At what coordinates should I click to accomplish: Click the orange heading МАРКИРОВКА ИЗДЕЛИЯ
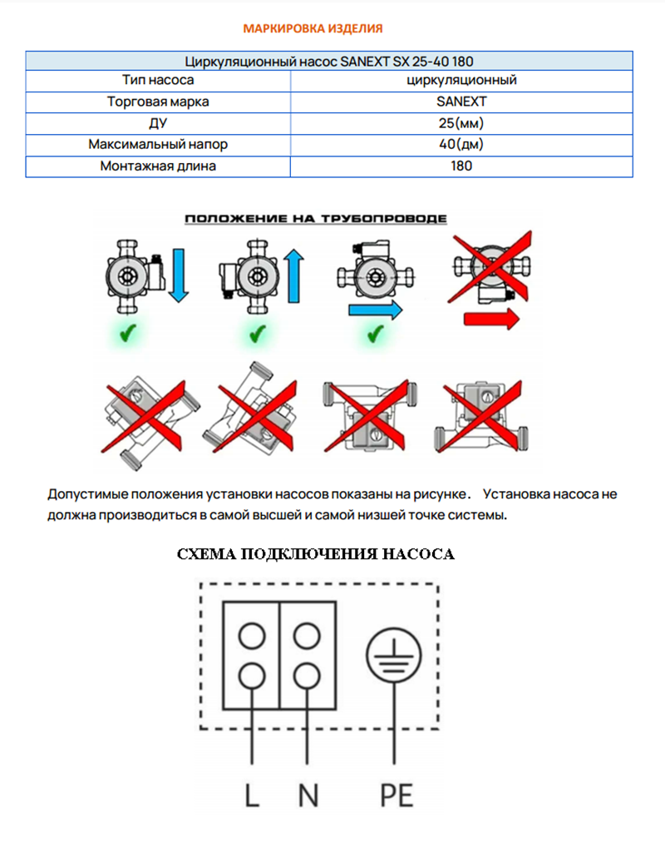(313, 28)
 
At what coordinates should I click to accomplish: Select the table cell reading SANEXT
(461, 102)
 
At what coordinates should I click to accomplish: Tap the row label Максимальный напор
(158, 144)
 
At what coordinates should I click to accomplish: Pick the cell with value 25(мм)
(461, 123)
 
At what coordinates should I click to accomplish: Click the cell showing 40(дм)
(461, 144)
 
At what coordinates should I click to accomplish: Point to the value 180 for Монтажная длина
(461, 166)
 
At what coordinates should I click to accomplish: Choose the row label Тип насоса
(158, 81)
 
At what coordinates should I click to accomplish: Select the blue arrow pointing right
(374, 310)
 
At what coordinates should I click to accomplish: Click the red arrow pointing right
(490, 318)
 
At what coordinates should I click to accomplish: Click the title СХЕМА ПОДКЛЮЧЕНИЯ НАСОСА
(316, 555)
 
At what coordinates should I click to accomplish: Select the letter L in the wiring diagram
(252, 796)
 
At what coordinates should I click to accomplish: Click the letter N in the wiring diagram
(308, 796)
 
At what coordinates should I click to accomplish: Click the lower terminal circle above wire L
(252, 672)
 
